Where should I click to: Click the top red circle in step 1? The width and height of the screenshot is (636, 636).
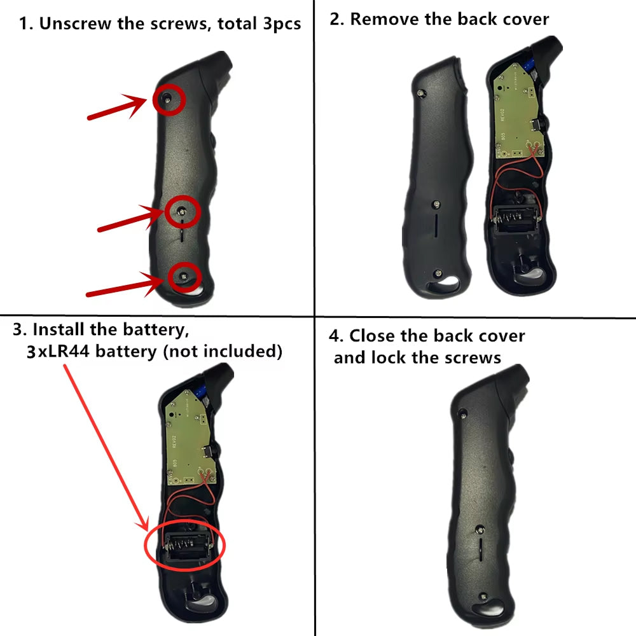(x=154, y=100)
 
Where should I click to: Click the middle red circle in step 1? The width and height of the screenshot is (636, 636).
(x=166, y=212)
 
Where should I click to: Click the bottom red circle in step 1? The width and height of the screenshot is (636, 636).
(x=169, y=277)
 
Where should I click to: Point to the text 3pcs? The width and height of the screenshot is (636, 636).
(x=282, y=24)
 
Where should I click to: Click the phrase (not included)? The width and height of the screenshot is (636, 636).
(x=223, y=351)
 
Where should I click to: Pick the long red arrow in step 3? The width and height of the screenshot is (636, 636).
(x=106, y=448)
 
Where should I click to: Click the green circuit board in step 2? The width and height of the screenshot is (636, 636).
(x=517, y=111)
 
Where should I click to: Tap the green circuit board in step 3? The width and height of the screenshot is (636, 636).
(x=189, y=438)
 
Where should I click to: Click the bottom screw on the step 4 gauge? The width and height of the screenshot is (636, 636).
(x=483, y=597)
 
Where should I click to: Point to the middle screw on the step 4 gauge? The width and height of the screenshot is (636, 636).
(x=480, y=529)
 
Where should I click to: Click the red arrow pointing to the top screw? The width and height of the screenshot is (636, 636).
(x=118, y=107)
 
